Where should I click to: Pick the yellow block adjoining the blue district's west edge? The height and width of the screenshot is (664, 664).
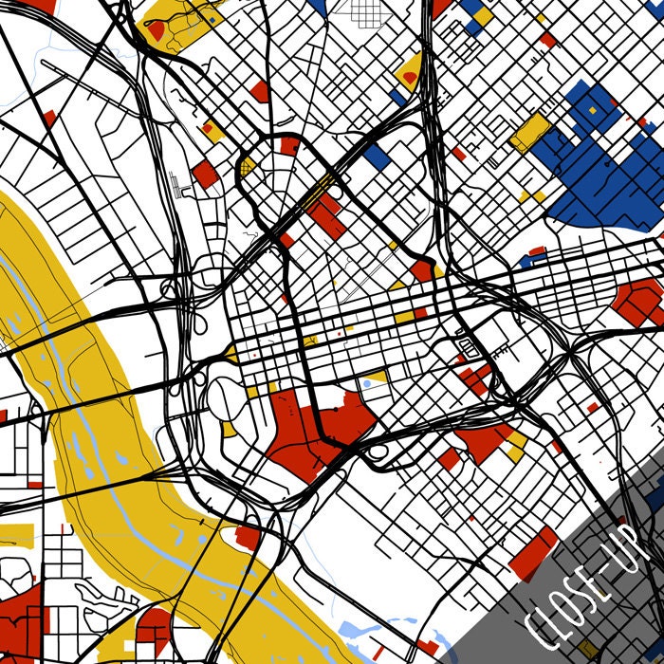click(528, 132)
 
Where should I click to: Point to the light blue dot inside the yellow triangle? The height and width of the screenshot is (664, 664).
click(367, 384)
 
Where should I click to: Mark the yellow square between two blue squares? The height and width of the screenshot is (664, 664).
click(483, 18)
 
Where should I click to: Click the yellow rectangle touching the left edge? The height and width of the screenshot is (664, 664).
click(14, 536)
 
